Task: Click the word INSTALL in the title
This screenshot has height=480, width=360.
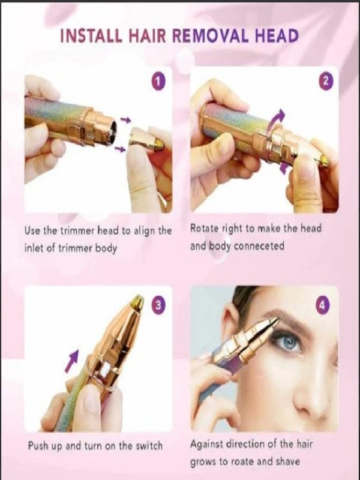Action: tap(91, 36)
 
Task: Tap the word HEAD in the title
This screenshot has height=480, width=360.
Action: tap(277, 36)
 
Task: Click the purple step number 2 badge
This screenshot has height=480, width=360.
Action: tap(326, 81)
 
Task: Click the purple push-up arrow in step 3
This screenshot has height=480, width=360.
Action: tap(72, 361)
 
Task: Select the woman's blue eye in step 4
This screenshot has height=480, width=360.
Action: tap(287, 342)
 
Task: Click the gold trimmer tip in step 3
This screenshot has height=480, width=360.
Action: tap(137, 302)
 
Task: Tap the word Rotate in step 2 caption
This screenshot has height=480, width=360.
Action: tap(203, 229)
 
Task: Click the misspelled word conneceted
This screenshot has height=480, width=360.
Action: tap(259, 246)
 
